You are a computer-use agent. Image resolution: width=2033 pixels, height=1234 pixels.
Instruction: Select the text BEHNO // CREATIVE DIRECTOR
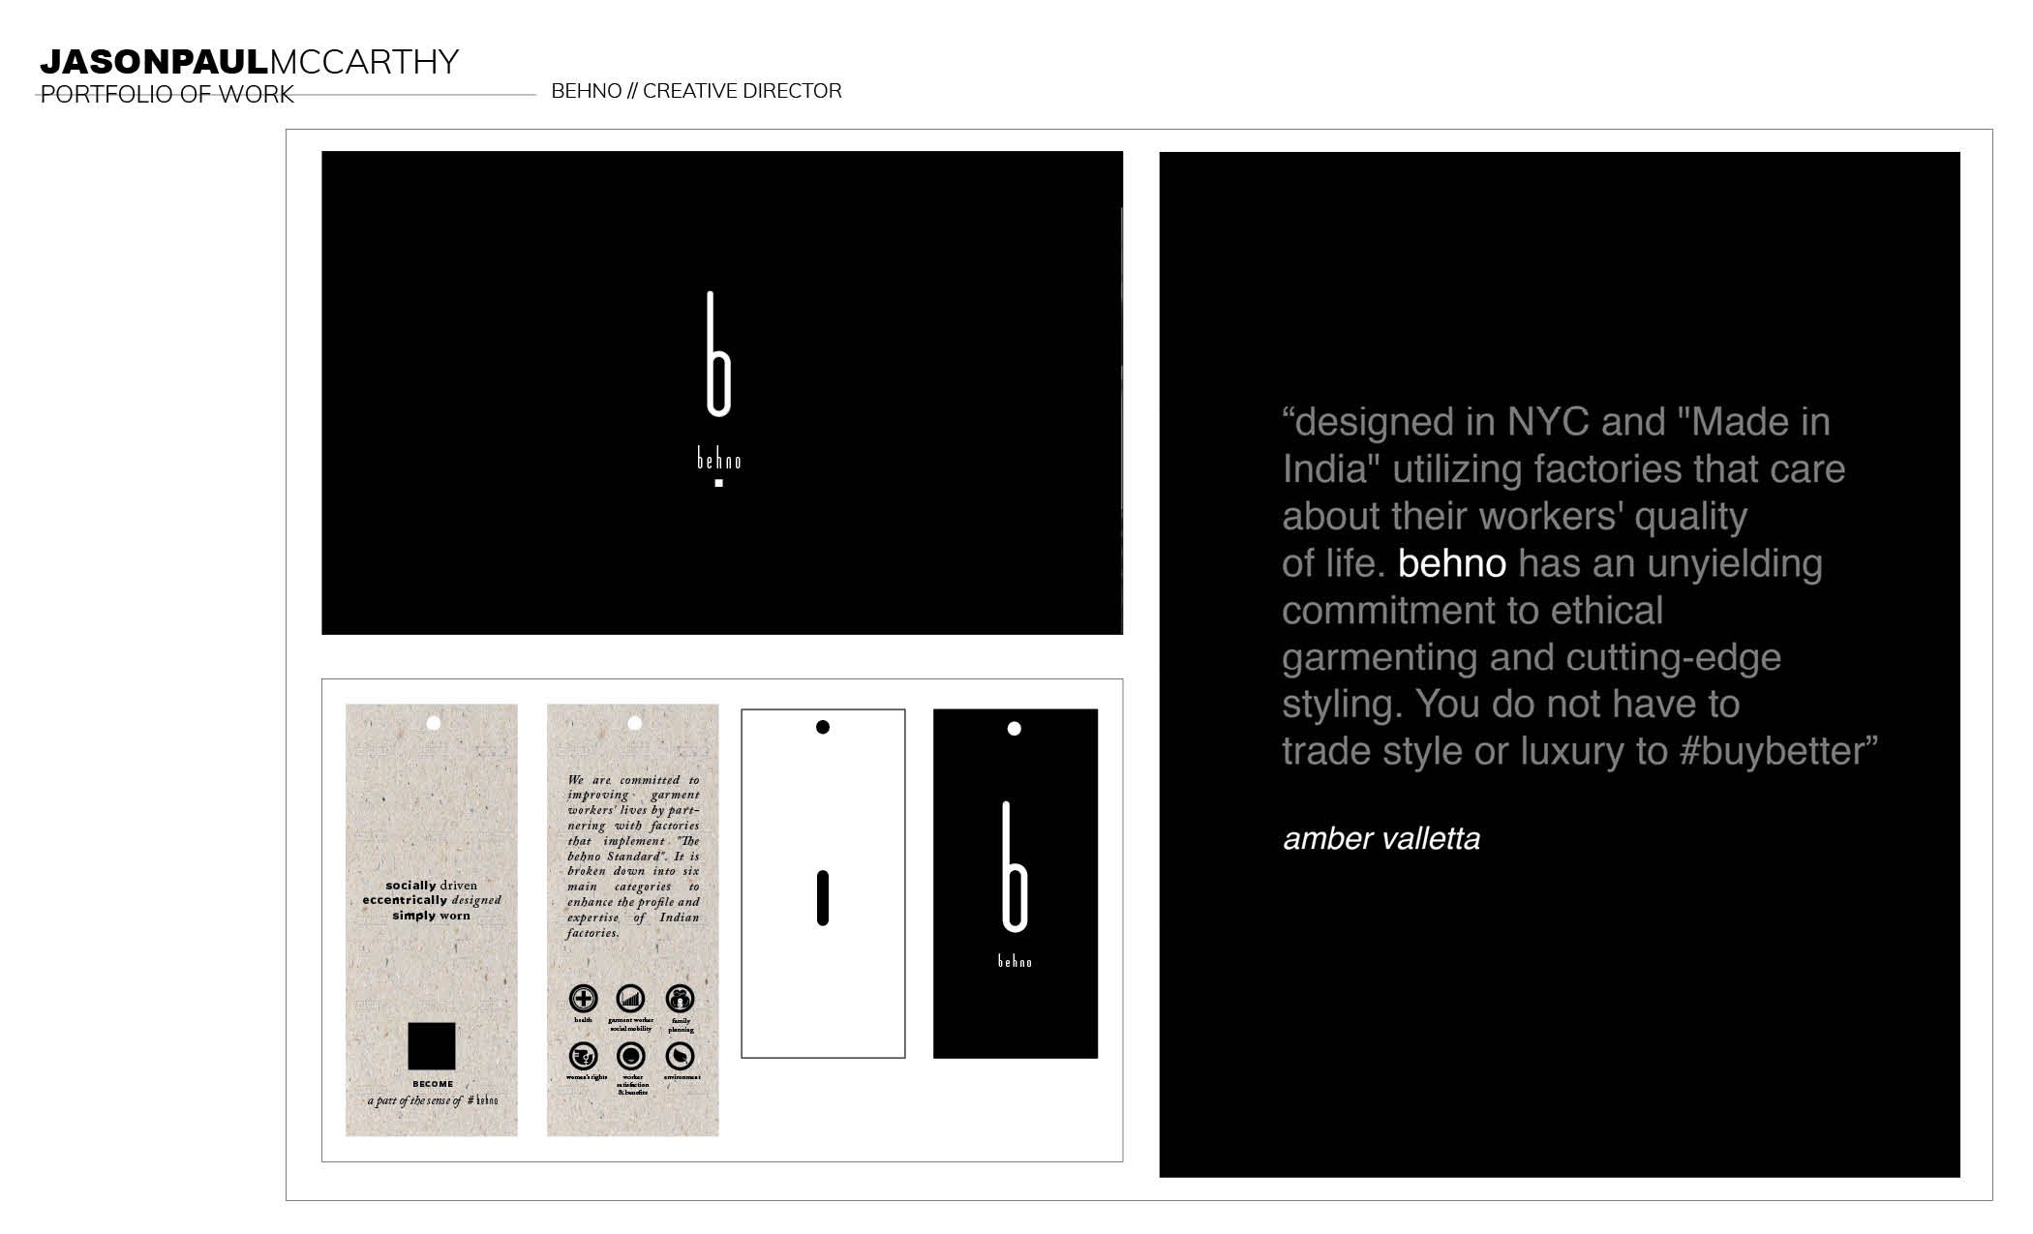coord(696,91)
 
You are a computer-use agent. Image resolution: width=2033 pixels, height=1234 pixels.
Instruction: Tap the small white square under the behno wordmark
coord(718,483)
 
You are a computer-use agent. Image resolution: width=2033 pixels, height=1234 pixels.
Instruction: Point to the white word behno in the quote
coord(1451,563)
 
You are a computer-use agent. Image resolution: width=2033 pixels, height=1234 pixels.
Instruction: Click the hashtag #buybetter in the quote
coord(1771,751)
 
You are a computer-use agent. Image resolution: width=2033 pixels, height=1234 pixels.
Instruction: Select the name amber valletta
coord(1381,838)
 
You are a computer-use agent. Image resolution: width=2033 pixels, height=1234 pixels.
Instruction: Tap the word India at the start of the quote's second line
coord(1331,469)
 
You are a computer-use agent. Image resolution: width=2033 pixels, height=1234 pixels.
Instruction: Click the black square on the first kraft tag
coord(431,1046)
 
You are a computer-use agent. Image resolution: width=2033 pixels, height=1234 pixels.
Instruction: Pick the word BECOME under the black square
coord(433,1084)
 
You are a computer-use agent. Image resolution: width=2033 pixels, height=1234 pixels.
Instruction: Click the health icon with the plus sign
coord(583,999)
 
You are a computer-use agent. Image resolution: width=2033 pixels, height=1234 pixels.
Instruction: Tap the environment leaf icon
coord(681,1056)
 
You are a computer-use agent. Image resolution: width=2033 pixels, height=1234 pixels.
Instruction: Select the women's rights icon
coord(583,1056)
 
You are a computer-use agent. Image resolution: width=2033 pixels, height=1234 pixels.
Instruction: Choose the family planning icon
coord(681,999)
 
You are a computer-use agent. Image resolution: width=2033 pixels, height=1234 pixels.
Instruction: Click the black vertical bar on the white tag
coord(823,898)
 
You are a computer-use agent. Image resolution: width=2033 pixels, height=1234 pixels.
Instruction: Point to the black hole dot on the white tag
coord(823,727)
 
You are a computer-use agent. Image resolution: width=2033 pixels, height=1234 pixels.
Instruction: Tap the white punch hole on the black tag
coord(1015,729)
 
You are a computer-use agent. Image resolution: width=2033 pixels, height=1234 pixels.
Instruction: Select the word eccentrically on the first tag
coord(405,900)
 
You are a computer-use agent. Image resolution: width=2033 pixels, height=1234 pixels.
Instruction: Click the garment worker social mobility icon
coord(631,999)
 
